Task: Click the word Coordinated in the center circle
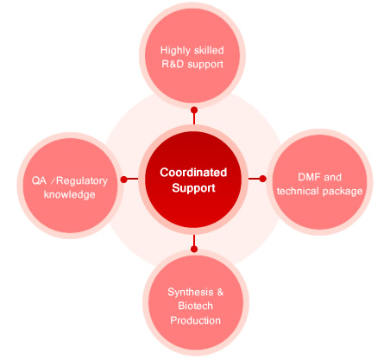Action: click(193, 173)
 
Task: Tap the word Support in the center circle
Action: click(193, 188)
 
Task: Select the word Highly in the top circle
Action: click(175, 51)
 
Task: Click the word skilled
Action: click(208, 50)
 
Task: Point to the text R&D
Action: click(173, 64)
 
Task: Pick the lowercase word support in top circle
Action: click(205, 65)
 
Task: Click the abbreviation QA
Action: click(39, 180)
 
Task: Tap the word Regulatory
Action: click(82, 181)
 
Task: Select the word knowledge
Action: click(69, 194)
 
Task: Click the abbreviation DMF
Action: click(308, 177)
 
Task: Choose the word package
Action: click(343, 192)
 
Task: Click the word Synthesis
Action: click(191, 293)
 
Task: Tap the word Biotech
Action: click(195, 306)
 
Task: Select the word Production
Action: click(195, 320)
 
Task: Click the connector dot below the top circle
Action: click(194, 111)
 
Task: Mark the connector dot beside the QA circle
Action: click(123, 180)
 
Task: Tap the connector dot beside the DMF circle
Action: click(262, 179)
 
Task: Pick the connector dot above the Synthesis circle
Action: click(194, 249)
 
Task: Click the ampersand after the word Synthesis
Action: click(220, 292)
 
